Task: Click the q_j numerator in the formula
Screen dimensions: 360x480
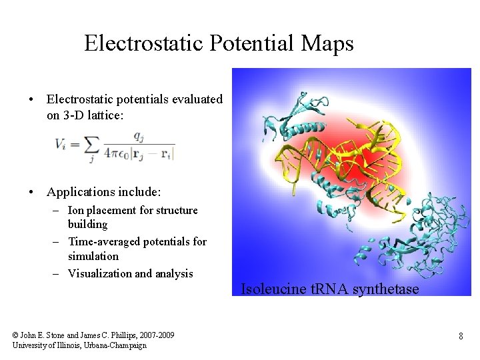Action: (x=139, y=135)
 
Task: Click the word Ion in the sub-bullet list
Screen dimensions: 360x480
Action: (x=77, y=210)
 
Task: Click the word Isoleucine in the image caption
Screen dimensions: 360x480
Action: (x=269, y=289)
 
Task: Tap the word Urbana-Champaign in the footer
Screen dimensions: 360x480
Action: (x=117, y=345)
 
